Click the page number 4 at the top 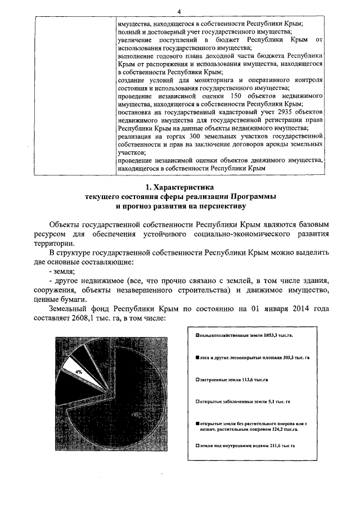(179, 12)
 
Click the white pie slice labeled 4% (79, 372)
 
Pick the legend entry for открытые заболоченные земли (242, 402)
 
